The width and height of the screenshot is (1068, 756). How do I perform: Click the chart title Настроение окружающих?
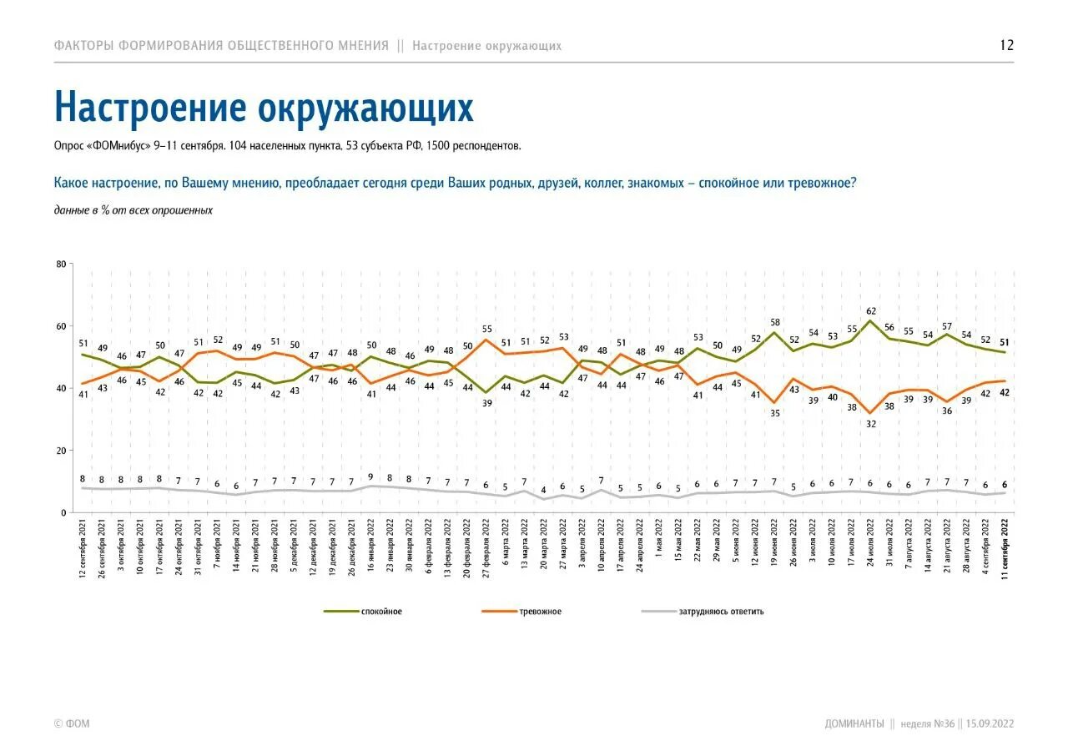click(x=264, y=108)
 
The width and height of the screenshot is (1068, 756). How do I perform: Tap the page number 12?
click(x=1006, y=45)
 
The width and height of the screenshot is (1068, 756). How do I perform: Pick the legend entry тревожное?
click(x=540, y=612)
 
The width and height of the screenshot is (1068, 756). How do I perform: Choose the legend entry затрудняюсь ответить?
click(x=722, y=612)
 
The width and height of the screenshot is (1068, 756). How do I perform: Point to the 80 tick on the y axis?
click(x=61, y=265)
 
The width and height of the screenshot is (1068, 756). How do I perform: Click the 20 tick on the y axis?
click(x=61, y=451)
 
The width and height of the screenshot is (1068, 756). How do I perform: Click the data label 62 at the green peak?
click(x=870, y=310)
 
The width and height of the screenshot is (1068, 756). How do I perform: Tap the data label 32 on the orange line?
click(x=871, y=424)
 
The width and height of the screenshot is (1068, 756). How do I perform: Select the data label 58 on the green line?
click(x=774, y=322)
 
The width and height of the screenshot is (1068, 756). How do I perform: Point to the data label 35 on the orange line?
click(x=774, y=413)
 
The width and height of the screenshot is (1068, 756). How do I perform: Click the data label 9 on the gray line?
click(x=370, y=476)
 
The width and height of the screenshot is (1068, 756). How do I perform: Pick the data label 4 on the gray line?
click(x=543, y=490)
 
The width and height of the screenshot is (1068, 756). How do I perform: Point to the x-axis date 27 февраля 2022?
click(x=486, y=551)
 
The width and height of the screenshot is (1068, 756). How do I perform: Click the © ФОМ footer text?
click(x=71, y=723)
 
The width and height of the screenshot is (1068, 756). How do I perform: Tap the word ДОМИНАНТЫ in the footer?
click(x=854, y=723)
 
